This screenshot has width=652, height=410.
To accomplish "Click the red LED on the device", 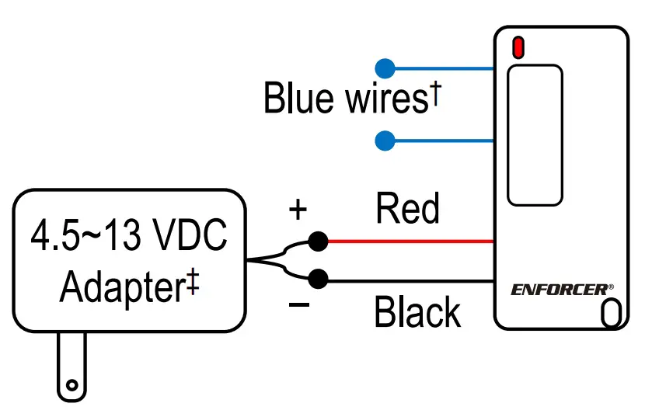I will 518,47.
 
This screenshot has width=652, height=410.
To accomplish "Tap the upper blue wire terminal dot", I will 385,68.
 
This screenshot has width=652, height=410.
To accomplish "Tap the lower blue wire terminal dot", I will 385,141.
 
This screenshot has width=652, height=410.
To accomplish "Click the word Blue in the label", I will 298,99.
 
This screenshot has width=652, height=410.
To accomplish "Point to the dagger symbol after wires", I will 436,93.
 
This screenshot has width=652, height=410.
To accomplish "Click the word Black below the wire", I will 417,312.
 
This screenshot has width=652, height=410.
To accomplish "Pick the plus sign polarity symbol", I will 298,209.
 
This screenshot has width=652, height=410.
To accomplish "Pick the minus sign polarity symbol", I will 298,304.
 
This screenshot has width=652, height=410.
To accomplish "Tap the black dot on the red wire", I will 317,241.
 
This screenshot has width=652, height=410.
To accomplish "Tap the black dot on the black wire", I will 317,278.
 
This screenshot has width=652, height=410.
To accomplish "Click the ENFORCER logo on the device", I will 561,290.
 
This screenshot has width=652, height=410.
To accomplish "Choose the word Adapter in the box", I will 120,287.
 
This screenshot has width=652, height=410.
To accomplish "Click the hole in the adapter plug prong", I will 72,384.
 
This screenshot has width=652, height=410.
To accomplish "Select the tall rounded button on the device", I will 535,135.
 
